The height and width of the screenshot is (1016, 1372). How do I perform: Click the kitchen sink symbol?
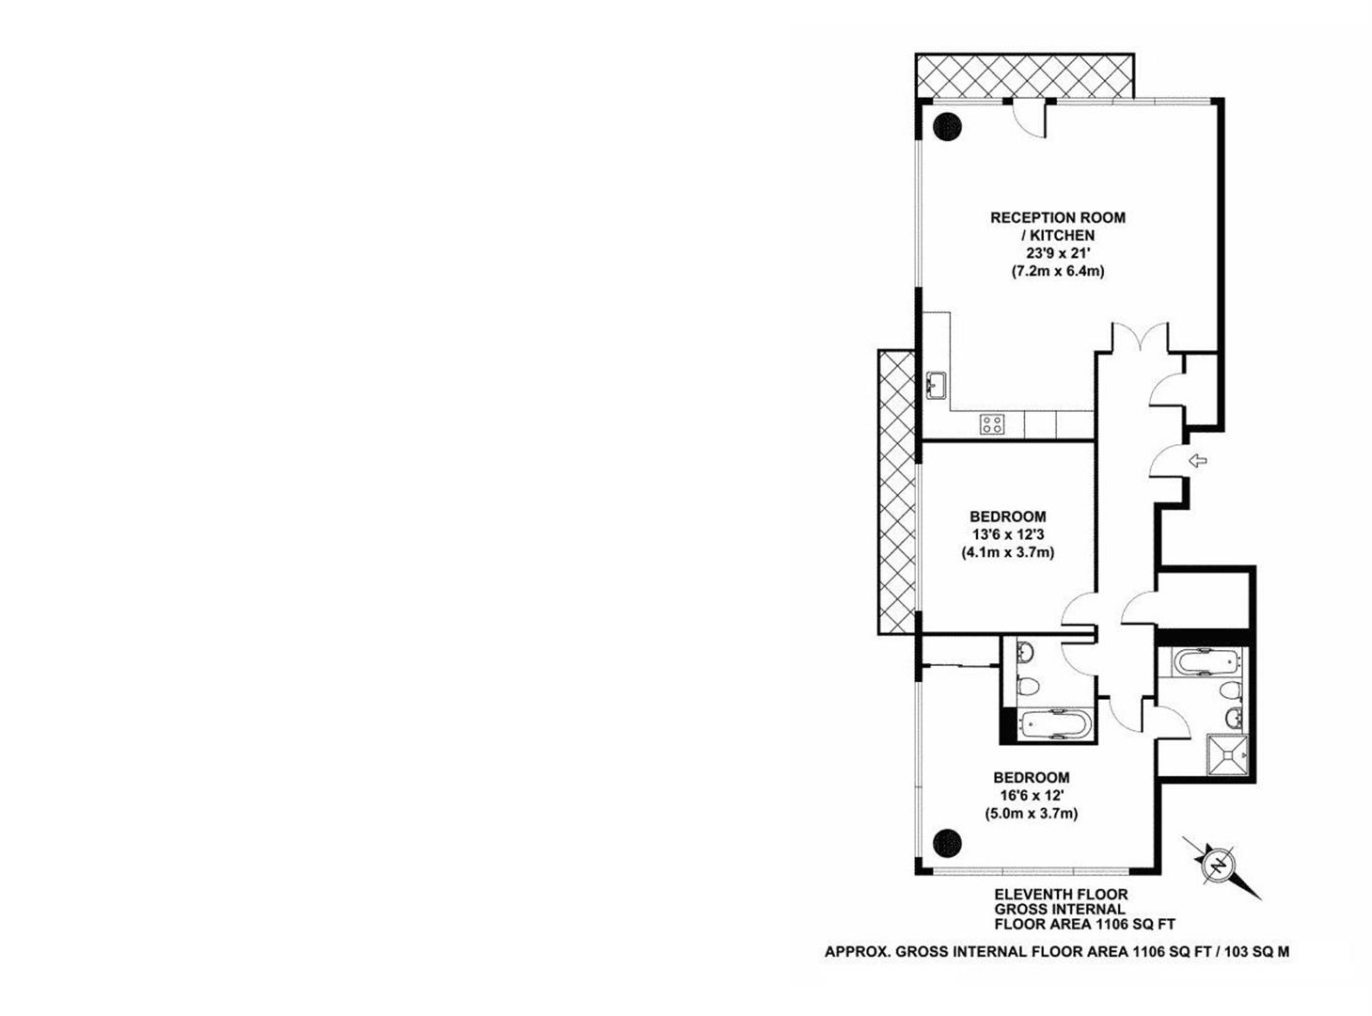coord(936,386)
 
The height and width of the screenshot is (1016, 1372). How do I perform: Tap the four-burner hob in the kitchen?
coord(991,424)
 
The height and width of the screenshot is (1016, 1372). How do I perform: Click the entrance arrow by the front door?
coord(1198,460)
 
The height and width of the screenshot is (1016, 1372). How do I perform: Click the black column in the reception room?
coord(947,124)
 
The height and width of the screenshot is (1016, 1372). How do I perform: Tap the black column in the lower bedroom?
coord(947,842)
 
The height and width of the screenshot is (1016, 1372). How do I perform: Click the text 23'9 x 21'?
coord(1057,253)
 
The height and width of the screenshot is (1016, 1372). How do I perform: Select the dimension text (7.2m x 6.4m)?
coord(1057,271)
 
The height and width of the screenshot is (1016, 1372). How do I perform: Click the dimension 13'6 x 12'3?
coord(1007,534)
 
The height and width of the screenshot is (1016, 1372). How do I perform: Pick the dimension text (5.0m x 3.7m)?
coord(1031,814)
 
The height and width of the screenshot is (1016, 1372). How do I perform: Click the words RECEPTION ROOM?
coord(1057,217)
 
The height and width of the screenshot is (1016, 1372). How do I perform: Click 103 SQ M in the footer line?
coord(1257,951)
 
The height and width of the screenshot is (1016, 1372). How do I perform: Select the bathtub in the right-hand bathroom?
coord(1199,662)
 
